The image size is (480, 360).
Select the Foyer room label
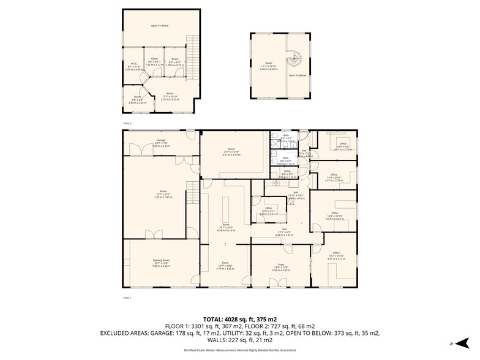click(282, 264)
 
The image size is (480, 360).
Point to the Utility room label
click(287, 171)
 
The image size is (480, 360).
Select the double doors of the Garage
click(142, 149)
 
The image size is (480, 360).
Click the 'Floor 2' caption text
click(127, 123)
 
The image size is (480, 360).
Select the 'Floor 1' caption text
click(127, 298)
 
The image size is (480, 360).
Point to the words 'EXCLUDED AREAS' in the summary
click(126, 333)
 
